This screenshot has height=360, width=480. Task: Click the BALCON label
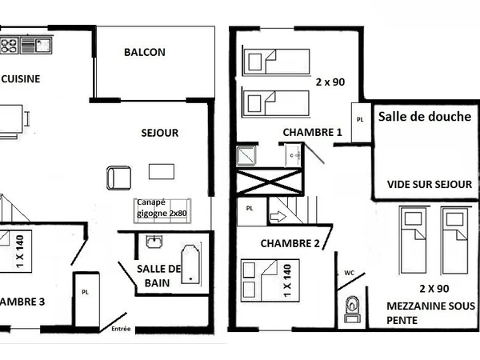point(145,53)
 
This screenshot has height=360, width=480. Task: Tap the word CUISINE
point(21,79)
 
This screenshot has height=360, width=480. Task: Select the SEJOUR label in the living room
point(160,133)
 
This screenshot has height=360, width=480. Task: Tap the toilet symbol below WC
point(352,308)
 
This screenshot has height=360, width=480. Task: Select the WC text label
point(349,273)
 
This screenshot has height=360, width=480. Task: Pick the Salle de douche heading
point(424,117)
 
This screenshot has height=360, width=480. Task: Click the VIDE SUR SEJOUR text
point(429,184)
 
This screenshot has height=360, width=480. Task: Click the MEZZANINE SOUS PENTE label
point(430,313)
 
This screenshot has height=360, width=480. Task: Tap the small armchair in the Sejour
point(118,177)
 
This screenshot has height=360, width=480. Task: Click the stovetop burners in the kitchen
point(9,43)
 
